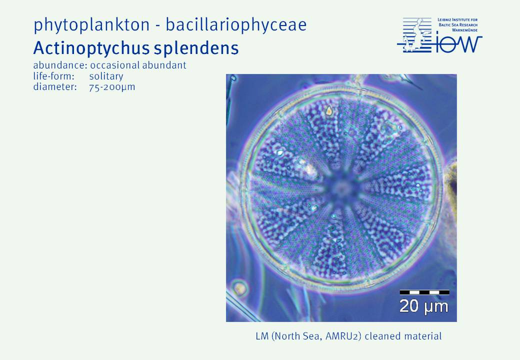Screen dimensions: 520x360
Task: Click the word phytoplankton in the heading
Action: click(91, 25)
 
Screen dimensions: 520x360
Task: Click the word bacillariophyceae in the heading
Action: click(236, 24)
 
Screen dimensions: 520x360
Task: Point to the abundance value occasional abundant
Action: click(138, 65)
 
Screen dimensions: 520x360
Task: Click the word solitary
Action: click(106, 76)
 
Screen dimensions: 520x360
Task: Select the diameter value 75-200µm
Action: click(112, 87)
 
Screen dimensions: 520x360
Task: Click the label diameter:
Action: click(55, 87)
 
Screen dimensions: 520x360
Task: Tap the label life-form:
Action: click(53, 76)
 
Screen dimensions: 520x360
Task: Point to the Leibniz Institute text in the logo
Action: click(458, 25)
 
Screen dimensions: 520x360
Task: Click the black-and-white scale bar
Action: click(424, 292)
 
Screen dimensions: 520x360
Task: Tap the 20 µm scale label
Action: click(423, 306)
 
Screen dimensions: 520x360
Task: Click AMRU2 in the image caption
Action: click(343, 336)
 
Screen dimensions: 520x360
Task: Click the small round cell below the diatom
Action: click(239, 287)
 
